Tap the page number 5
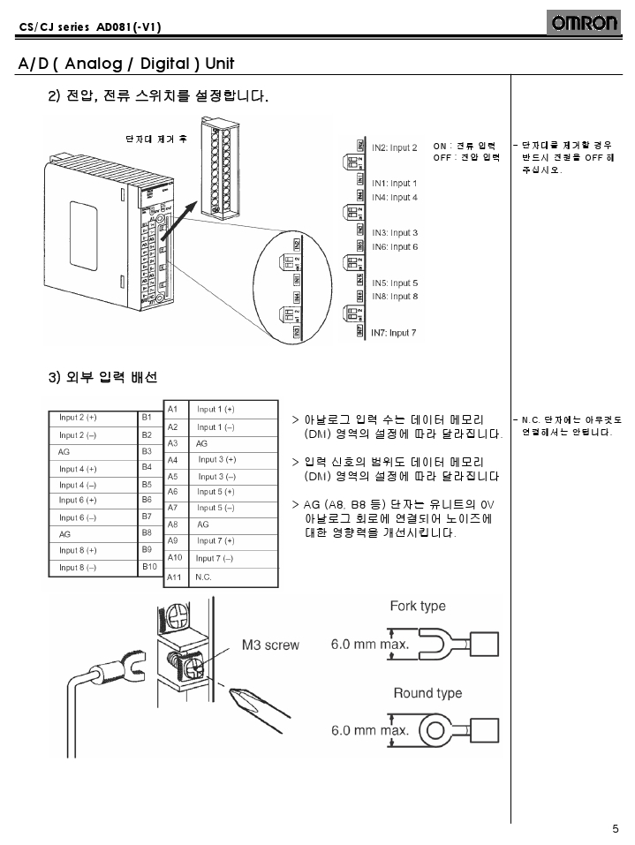(x=615, y=828)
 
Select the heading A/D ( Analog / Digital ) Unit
(x=126, y=64)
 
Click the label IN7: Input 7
(x=394, y=333)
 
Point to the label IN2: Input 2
(x=394, y=147)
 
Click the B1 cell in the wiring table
(x=147, y=415)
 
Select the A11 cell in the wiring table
(x=174, y=576)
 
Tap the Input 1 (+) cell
(x=215, y=410)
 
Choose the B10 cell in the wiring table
(x=149, y=566)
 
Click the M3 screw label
(x=270, y=645)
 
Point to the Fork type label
(x=418, y=606)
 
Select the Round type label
(x=427, y=693)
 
